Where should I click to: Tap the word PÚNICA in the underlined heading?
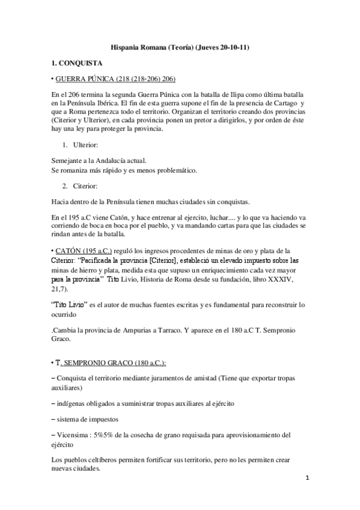point(105,79)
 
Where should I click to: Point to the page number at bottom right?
point(307,479)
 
